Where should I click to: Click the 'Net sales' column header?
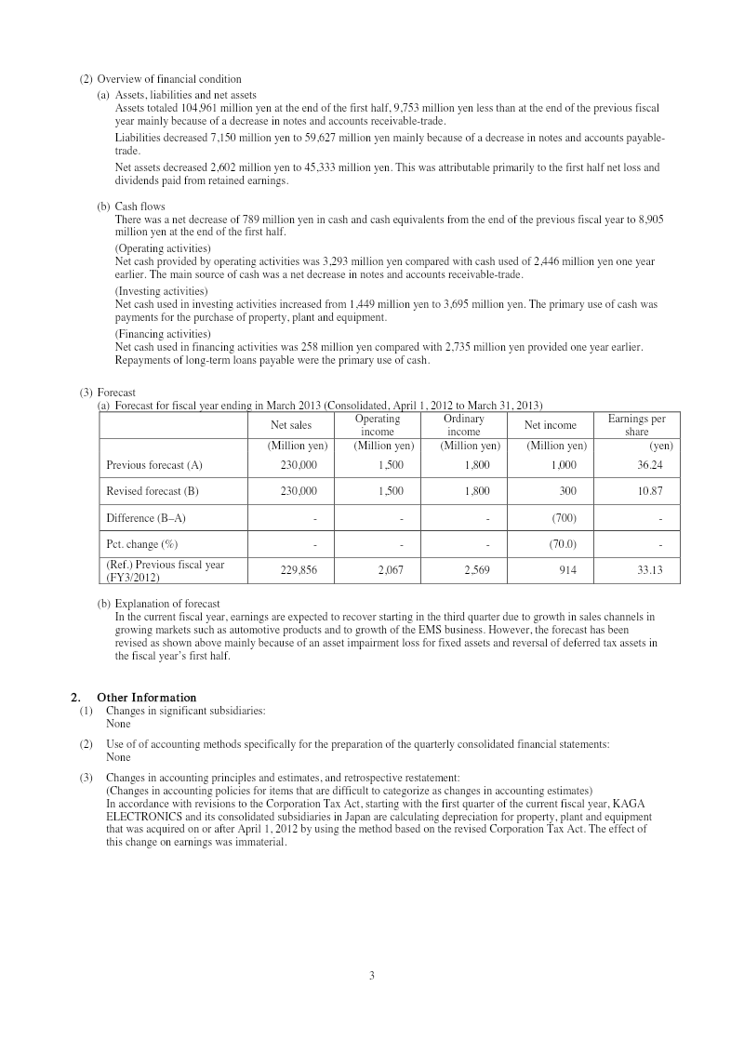(291, 425)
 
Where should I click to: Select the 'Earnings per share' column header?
(636, 425)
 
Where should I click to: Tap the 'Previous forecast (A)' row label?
(154, 464)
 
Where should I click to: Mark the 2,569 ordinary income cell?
(476, 570)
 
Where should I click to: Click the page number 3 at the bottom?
(371, 975)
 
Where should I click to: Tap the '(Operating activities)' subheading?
(163, 249)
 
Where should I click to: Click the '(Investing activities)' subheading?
(161, 291)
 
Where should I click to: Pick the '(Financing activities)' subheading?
(163, 333)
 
